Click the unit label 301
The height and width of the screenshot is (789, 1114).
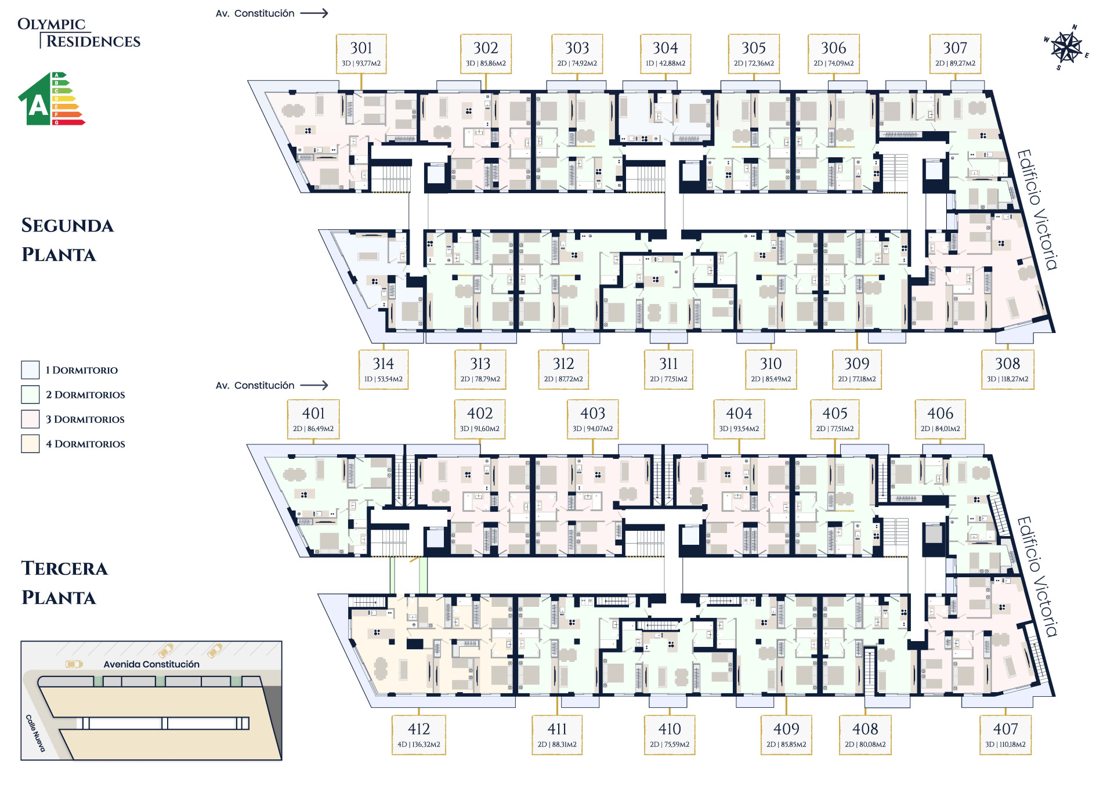click(x=361, y=53)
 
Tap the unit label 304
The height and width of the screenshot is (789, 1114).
click(x=665, y=53)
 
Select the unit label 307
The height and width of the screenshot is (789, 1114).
click(x=955, y=53)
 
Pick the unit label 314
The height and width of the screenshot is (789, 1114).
click(x=383, y=369)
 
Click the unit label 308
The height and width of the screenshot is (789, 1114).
click(x=1007, y=369)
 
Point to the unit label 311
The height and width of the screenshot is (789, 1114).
click(x=668, y=369)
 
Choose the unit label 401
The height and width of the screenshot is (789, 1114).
click(x=313, y=419)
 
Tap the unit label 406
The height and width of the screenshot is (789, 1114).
click(x=940, y=419)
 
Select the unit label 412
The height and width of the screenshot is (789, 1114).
click(x=418, y=734)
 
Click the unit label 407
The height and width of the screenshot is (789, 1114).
click(x=1006, y=734)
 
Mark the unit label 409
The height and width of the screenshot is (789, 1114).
click(x=786, y=734)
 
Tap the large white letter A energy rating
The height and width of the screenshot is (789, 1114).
click(x=38, y=106)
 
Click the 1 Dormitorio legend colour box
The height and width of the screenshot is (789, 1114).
click(x=30, y=370)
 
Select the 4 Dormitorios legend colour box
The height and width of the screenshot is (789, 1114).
click(x=30, y=444)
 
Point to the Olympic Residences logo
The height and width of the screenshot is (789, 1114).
click(x=79, y=32)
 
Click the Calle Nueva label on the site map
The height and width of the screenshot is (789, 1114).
click(x=35, y=733)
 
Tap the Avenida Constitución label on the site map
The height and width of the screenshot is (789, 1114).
click(x=151, y=664)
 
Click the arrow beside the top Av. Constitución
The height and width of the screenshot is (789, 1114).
click(x=314, y=13)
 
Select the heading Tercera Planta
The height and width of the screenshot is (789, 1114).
click(x=64, y=582)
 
